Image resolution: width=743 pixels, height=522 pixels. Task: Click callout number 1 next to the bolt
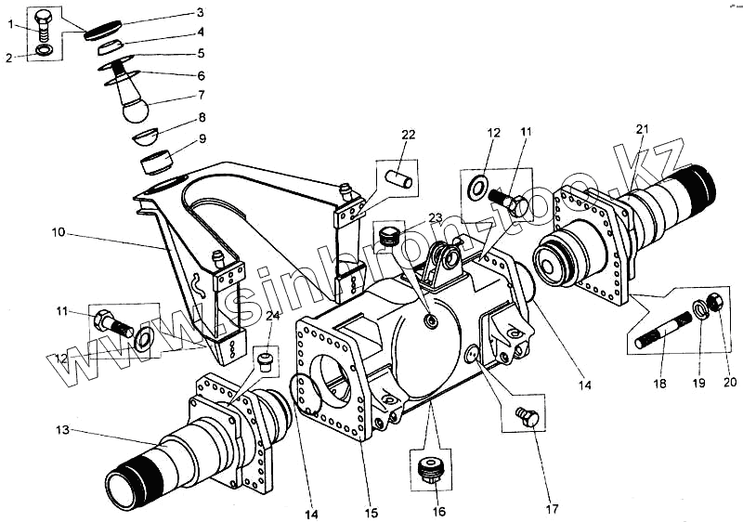tap(10, 24)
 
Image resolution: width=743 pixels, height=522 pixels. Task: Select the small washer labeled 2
tap(43, 49)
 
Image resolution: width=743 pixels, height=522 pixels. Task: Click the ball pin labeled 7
tap(136, 104)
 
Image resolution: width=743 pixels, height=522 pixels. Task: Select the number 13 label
tap(62, 430)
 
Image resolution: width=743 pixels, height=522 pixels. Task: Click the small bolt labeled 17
tap(526, 418)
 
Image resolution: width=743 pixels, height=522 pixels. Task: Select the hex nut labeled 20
tap(717, 300)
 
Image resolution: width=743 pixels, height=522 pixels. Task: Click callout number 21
tap(643, 128)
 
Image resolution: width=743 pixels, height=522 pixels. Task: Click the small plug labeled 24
tap(266, 358)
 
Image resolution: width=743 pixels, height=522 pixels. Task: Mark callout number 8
tap(201, 118)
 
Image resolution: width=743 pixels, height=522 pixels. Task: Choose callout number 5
tap(200, 53)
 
